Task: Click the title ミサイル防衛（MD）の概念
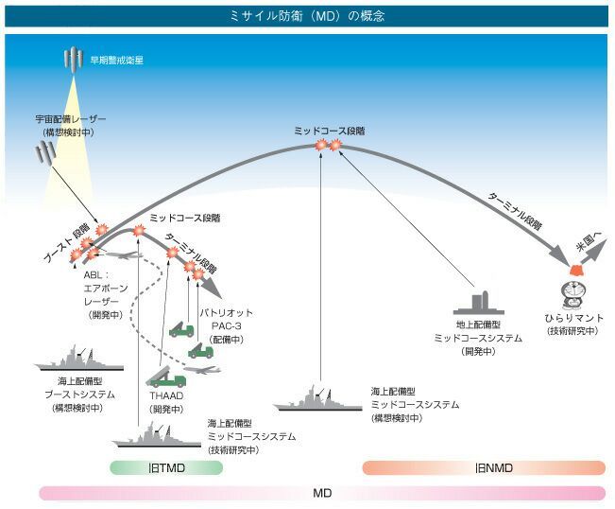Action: tap(307, 16)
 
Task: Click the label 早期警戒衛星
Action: tap(116, 60)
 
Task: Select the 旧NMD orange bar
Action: tap(484, 467)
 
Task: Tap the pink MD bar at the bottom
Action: tap(322, 492)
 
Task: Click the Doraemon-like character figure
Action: tap(572, 289)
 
